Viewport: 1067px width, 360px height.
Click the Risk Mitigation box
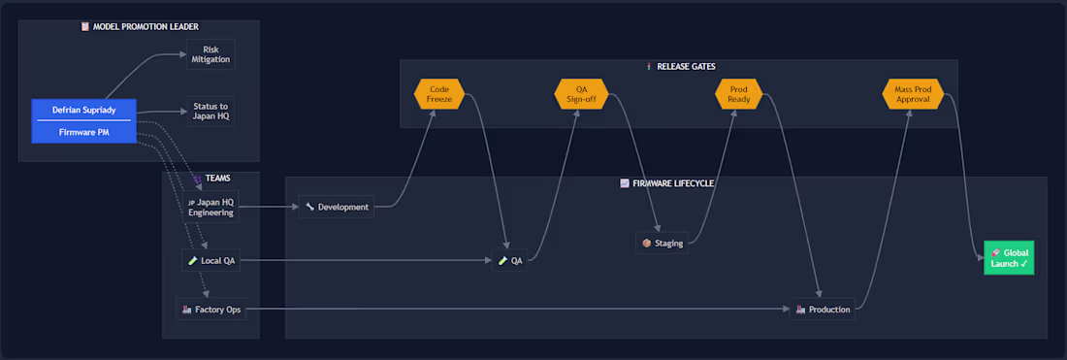coord(210,54)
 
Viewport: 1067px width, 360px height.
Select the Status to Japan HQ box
coord(210,112)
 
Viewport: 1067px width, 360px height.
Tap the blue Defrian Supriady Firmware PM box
coord(84,121)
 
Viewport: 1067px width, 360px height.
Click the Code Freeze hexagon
coord(438,94)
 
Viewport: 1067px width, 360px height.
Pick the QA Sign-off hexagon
coord(581,94)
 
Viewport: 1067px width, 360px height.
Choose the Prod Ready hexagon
coord(740,94)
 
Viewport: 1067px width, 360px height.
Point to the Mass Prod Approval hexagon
coord(913,94)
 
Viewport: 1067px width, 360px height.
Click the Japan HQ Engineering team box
coord(210,207)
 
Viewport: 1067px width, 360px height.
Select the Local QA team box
coord(210,260)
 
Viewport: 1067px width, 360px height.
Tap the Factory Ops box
coord(210,310)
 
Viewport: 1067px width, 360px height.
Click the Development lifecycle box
coord(337,207)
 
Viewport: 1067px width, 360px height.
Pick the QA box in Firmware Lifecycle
coord(509,260)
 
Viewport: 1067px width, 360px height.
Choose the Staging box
coord(663,243)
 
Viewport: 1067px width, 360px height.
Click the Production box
coord(822,310)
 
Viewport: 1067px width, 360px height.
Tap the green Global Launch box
coord(1009,257)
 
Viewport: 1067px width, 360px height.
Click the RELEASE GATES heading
coord(681,67)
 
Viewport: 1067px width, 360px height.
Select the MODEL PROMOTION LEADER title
coord(140,26)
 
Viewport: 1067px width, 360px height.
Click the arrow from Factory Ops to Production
coord(517,310)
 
